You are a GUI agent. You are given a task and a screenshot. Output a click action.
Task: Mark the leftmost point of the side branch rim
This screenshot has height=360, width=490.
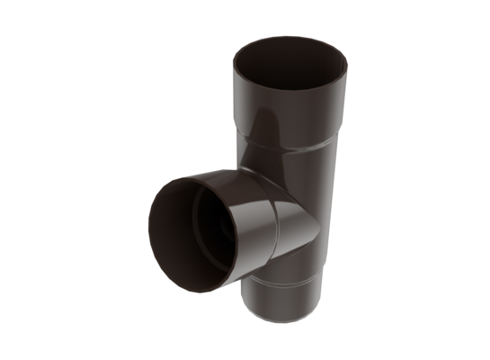147,229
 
